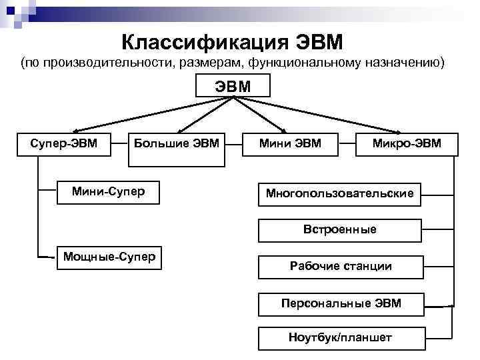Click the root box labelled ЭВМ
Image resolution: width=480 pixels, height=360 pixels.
coord(233,86)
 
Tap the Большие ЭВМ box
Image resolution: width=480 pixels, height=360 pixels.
coord(176,143)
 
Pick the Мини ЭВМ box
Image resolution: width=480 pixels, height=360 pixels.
coord(291,143)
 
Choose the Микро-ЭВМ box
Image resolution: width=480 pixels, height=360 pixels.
coord(407,143)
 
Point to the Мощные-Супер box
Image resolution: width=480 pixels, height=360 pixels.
coord(109,257)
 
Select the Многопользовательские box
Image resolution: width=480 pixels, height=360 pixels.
coord(339,193)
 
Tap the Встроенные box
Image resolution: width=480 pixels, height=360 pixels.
coord(339,230)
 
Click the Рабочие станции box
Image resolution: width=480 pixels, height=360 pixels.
coord(339,266)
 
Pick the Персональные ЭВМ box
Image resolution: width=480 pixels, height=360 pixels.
coord(339,303)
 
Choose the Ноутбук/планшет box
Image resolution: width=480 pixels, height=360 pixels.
coord(339,338)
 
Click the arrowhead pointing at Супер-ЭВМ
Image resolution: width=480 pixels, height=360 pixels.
coord(74,131)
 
